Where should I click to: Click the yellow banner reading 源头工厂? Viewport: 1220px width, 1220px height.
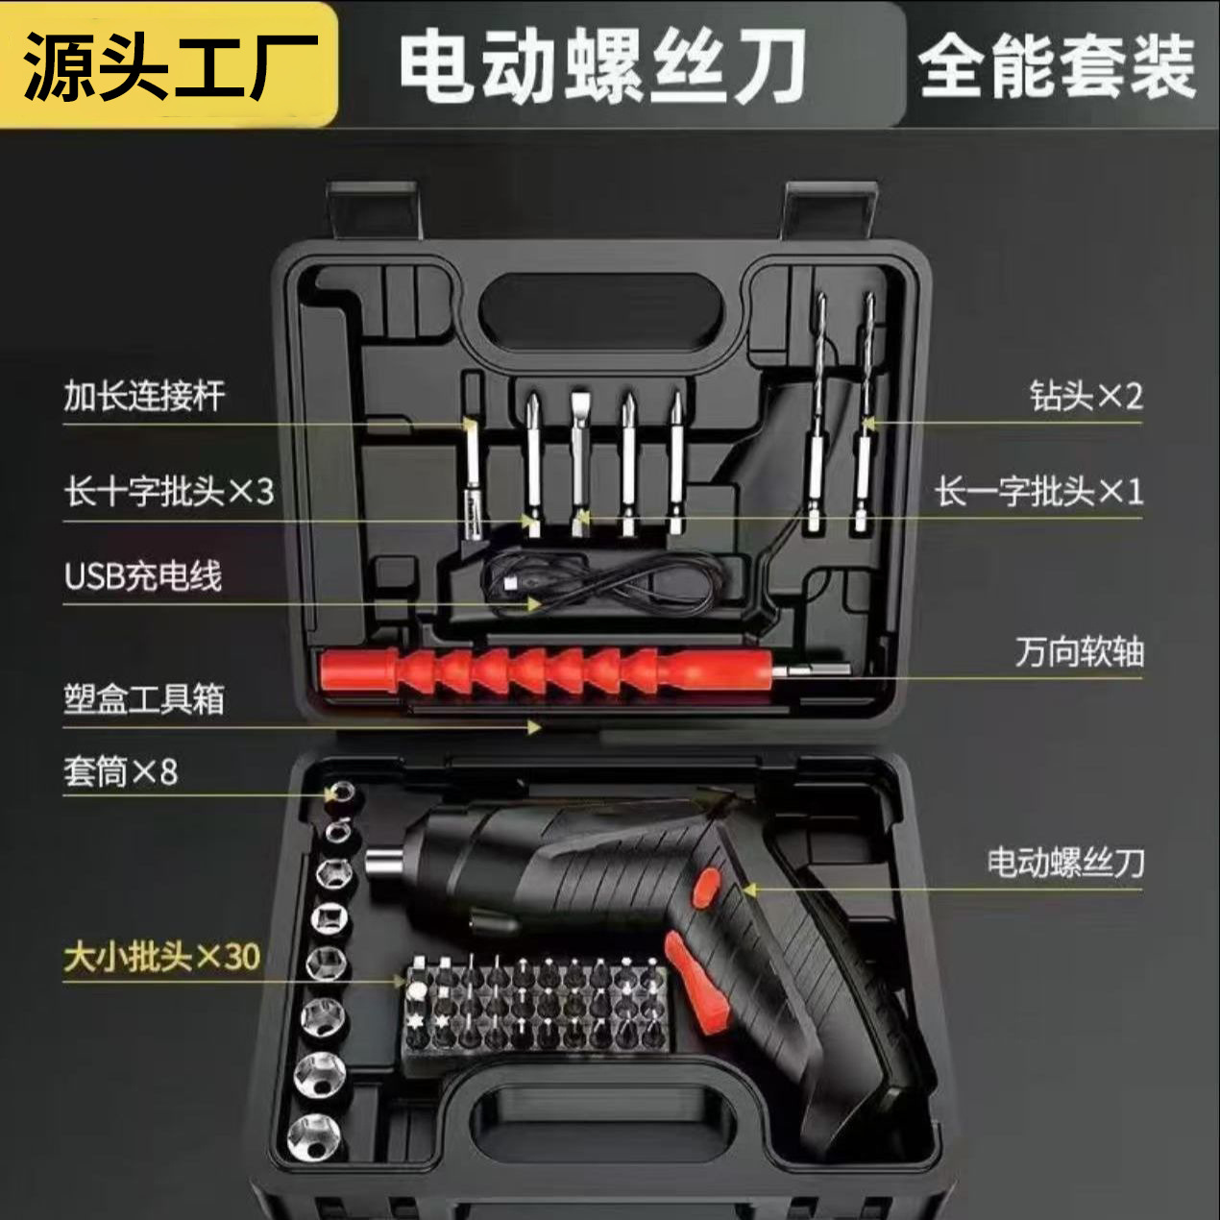click(168, 65)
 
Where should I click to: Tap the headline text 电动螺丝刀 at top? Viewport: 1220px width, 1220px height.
click(601, 67)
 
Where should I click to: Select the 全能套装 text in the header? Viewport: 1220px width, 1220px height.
click(1058, 66)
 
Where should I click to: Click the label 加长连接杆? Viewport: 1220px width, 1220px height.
click(144, 396)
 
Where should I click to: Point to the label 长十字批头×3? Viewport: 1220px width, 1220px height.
click(169, 491)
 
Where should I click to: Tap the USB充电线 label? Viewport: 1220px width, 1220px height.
click(143, 575)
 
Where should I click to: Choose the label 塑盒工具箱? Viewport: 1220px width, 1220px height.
click(144, 699)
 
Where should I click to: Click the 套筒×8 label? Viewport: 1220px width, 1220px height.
click(120, 771)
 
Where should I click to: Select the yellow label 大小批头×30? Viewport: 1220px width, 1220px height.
click(161, 956)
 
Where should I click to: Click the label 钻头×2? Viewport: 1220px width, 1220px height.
click(1086, 397)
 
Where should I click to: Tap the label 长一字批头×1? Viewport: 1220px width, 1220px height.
click(1038, 491)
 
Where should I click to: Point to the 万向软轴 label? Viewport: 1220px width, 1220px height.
click(1080, 651)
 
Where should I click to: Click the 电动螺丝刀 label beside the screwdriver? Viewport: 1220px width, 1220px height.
click(1065, 863)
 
